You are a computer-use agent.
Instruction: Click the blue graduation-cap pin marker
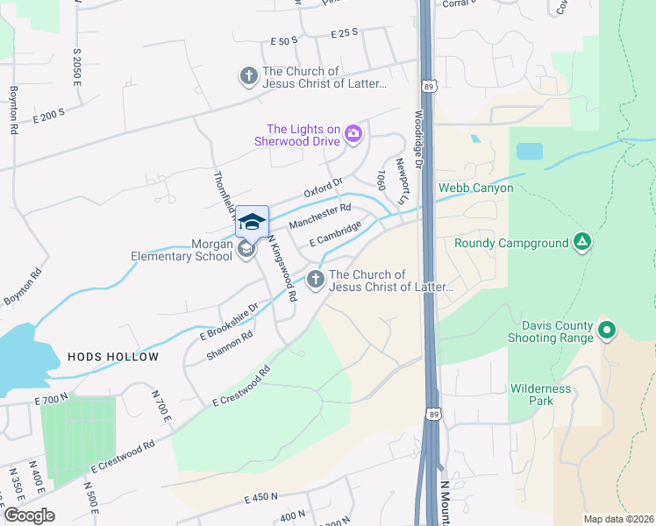(x=252, y=221)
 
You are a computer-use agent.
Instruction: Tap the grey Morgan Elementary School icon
(x=246, y=251)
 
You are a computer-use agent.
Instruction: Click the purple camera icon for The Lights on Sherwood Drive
(x=353, y=133)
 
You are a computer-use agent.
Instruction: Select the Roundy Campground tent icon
(x=581, y=241)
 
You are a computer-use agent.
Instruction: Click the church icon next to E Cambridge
(x=315, y=280)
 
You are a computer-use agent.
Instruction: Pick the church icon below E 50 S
(x=248, y=77)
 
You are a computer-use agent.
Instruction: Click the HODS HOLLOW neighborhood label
(x=113, y=357)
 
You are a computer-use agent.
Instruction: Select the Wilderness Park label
(x=540, y=394)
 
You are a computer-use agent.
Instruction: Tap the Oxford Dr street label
(x=323, y=188)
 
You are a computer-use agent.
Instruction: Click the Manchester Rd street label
(x=319, y=215)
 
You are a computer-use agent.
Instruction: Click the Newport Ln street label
(x=402, y=177)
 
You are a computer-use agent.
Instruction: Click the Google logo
(x=29, y=515)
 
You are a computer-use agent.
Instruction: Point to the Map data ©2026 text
(x=618, y=519)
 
